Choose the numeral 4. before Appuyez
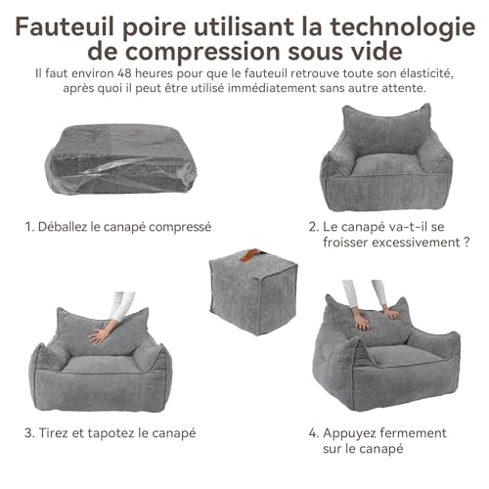click(315, 431)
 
